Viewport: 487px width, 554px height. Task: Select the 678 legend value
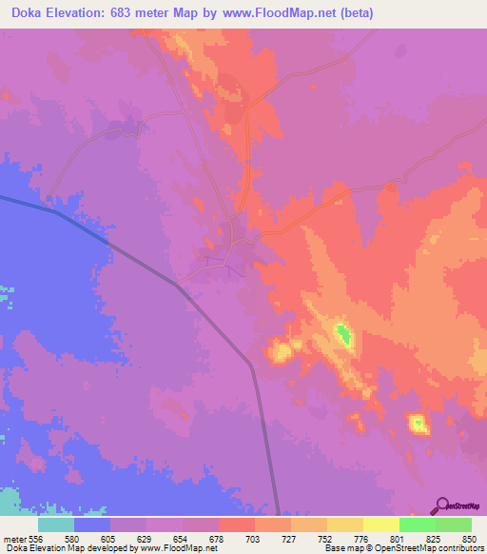[x=215, y=539]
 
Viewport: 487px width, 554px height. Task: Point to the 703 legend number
[x=252, y=539]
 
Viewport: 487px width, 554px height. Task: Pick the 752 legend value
[x=325, y=539]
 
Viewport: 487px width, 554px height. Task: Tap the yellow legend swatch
[x=380, y=524]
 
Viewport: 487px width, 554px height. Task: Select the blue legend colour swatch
[x=92, y=524]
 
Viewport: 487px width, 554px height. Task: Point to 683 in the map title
[x=128, y=13]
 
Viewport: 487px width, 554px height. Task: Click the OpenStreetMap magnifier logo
[x=442, y=505]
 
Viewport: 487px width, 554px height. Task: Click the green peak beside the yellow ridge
[x=343, y=334]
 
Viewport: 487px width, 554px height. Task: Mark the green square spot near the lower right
[x=416, y=421]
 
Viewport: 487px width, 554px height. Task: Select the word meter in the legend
[x=12, y=539]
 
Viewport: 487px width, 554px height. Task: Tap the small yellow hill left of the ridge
[x=281, y=352]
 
